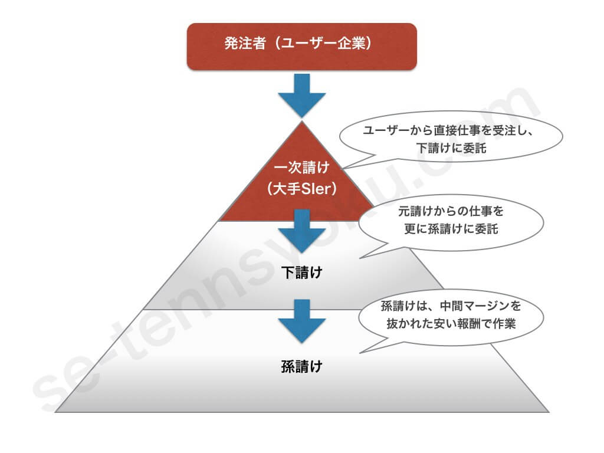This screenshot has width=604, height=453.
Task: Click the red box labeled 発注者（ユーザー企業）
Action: tap(302, 46)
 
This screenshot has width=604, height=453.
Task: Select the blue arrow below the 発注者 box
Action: tap(302, 94)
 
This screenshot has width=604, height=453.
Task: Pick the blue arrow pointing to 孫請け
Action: tap(302, 321)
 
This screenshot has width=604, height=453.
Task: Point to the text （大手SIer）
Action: tap(301, 189)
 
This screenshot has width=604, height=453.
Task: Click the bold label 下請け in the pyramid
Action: tap(301, 273)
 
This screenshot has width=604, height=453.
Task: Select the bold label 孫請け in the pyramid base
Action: tap(301, 366)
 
